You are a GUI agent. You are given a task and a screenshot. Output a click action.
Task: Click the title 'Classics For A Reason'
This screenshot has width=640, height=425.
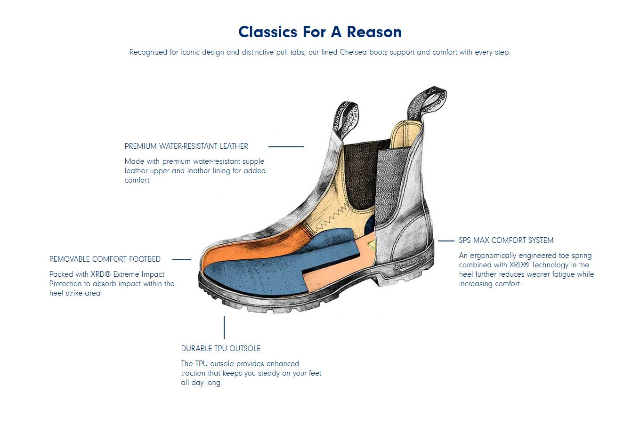pyautogui.click(x=320, y=32)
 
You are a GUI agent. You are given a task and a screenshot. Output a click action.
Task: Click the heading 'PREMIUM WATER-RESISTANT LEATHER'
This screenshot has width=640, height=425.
pyautogui.click(x=186, y=146)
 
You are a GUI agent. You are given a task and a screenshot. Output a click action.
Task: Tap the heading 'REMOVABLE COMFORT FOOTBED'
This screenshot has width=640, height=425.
pyautogui.click(x=105, y=259)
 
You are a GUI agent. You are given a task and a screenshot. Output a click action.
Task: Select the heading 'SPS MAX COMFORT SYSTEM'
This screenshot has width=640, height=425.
pyautogui.click(x=506, y=240)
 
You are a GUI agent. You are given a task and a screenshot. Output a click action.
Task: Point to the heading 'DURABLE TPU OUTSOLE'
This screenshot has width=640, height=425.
pyautogui.click(x=221, y=348)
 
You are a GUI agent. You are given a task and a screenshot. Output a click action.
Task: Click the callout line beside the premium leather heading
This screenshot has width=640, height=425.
pyautogui.click(x=286, y=147)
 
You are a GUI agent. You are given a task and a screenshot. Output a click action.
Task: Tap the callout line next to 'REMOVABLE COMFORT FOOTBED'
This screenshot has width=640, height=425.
pyautogui.click(x=181, y=260)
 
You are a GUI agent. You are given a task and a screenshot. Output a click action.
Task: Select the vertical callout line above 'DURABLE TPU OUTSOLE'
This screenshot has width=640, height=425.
pyautogui.click(x=224, y=327)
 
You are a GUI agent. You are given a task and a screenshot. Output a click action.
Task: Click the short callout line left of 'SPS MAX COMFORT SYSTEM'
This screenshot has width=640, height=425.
pyautogui.click(x=446, y=241)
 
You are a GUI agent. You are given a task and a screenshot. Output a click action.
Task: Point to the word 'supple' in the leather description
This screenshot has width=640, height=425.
pyautogui.click(x=253, y=161)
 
